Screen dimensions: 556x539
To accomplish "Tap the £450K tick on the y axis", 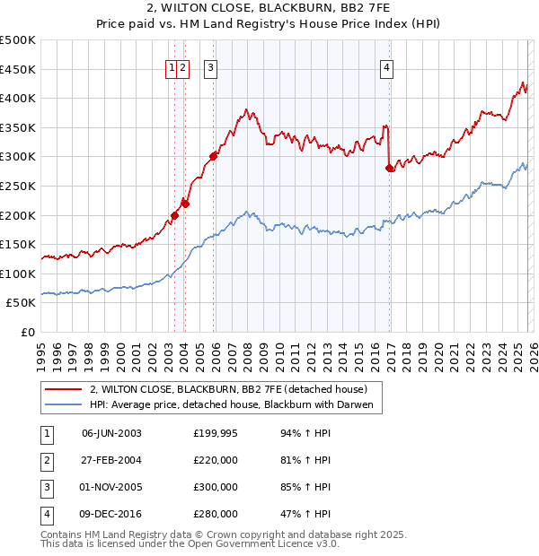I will point(18,69).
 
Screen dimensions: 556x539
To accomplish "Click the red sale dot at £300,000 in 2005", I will point(213,157).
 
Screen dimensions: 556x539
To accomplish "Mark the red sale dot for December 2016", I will point(389,168).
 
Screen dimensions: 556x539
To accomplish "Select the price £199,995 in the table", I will point(215,432).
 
